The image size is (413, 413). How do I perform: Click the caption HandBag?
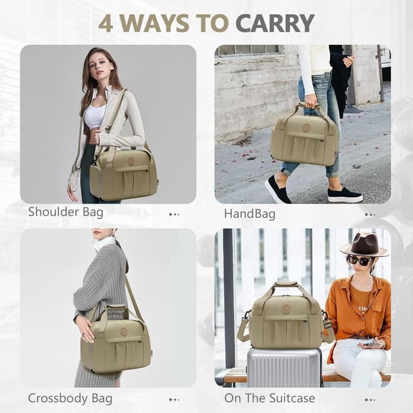249,213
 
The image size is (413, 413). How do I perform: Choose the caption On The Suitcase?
269,398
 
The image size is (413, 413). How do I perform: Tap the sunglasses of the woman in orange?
360,261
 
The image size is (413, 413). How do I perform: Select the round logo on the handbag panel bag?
305,128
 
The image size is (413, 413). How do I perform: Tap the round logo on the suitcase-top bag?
286,309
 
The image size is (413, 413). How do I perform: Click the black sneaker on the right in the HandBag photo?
345,194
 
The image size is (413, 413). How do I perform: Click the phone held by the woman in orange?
369,344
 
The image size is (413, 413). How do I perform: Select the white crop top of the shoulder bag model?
96,116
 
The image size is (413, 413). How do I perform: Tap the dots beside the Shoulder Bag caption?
174,214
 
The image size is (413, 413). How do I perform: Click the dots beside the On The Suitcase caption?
369,399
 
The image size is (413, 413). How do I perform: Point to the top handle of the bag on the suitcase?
286,286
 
